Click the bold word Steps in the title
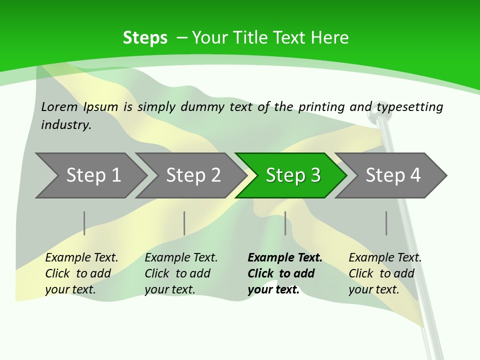145,38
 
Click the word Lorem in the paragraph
59,106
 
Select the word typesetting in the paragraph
409,107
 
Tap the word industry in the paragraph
65,125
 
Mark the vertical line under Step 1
84,223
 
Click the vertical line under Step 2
184,223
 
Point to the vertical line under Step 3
285,223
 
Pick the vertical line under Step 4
386,223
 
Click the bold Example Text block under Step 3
284,273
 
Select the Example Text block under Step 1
81,273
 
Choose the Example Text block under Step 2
181,273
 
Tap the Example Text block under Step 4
385,273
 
